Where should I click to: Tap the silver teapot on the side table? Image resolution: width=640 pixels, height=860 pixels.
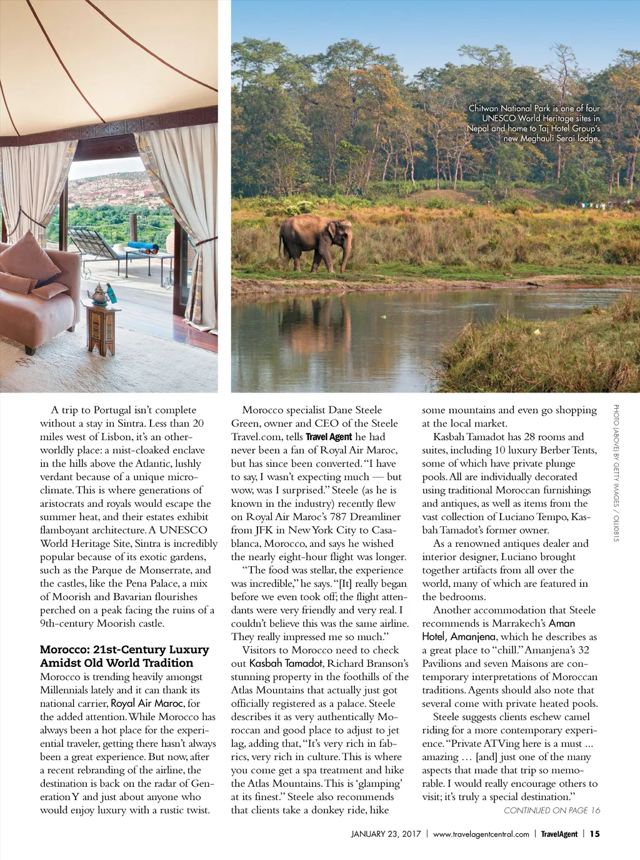99,294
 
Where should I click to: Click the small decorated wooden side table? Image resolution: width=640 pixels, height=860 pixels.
101,328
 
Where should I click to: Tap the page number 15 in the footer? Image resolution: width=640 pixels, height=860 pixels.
594,834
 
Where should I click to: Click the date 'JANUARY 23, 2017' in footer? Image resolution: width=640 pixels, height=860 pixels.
386,834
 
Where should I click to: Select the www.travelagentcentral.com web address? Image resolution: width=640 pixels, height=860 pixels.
481,834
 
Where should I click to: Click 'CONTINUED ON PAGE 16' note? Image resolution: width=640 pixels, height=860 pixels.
551,811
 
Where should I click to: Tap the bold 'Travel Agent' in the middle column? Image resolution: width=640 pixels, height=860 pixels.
329,437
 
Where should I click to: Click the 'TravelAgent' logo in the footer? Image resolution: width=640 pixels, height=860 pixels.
559,834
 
